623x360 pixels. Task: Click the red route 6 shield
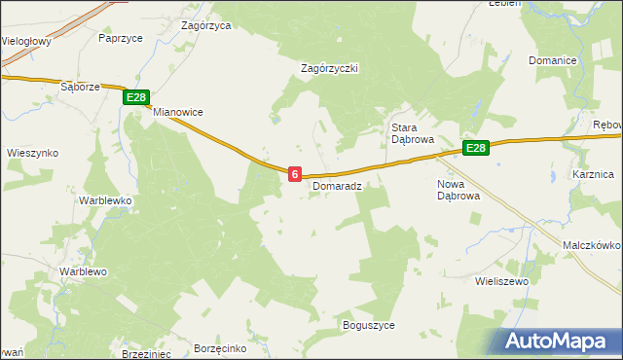294,172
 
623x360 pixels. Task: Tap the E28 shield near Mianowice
135,97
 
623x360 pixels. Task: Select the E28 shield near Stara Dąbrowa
475,148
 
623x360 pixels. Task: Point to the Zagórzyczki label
331,68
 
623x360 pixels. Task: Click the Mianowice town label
177,112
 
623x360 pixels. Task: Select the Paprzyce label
122,38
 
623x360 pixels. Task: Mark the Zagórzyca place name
206,26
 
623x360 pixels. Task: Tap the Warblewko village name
105,200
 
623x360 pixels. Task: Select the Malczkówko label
592,246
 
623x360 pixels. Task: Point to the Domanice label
553,60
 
